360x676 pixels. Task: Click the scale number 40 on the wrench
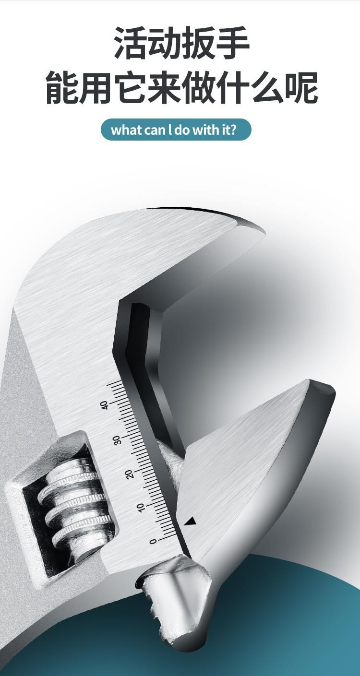click(105, 405)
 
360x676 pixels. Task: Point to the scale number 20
click(130, 474)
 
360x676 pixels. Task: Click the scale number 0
click(154, 541)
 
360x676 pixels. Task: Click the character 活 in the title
click(131, 43)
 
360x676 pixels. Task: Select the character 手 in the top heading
click(232, 43)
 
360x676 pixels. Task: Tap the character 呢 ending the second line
click(301, 87)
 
